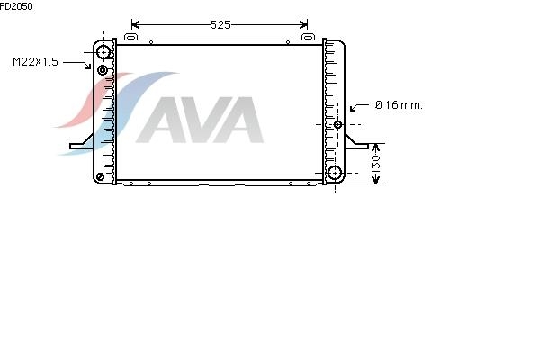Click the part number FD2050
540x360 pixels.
(16, 6)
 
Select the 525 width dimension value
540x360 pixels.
(220, 25)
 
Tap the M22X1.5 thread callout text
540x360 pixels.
(35, 62)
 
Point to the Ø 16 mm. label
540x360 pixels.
(399, 105)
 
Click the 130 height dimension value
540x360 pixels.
(376, 163)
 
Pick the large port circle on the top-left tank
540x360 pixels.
(103, 52)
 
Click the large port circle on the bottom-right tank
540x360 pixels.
(335, 173)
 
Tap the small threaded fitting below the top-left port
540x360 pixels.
(102, 70)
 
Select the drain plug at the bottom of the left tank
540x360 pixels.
(100, 177)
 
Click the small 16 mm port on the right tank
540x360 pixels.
(337, 124)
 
